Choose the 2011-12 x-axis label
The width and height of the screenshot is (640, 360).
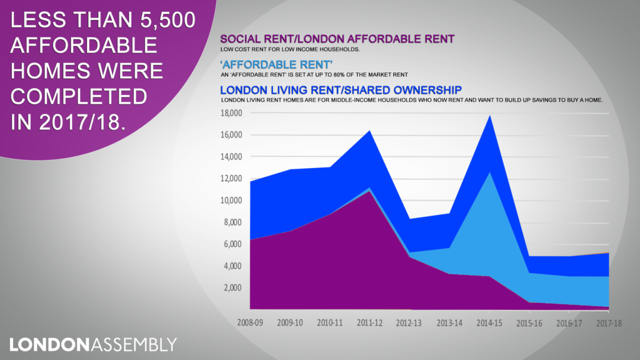[370, 324]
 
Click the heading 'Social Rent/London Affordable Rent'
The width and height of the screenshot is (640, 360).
[337, 39]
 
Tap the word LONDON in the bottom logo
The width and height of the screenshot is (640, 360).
[50, 344]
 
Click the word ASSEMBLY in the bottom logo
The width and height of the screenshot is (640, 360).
[134, 344]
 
